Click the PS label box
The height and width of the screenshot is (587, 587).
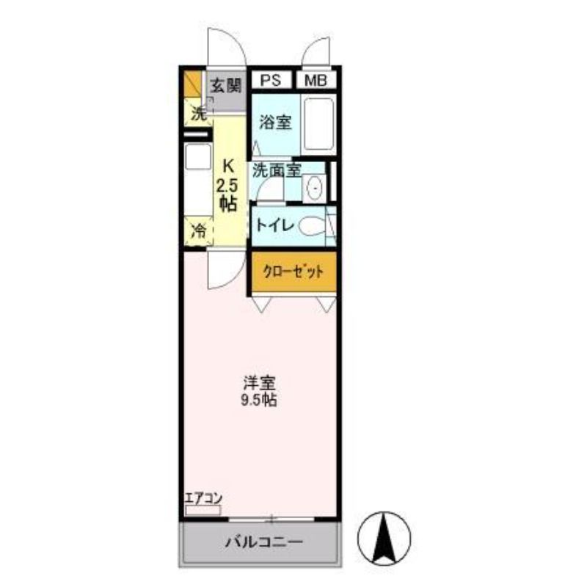pos(271,80)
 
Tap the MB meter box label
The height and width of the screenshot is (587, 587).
pos(316,80)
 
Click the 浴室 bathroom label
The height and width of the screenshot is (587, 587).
pos(275,123)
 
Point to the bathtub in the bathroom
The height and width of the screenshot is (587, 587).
pos(318,124)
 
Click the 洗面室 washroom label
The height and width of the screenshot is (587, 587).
pos(277,171)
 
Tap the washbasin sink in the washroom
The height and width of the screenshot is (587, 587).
pos(315,189)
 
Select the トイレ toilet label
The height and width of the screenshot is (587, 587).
pos(274,226)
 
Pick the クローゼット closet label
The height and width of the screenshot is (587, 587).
pos(293,271)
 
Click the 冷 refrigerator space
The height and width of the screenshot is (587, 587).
pos(198,231)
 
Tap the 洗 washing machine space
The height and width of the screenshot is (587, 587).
pos(198,114)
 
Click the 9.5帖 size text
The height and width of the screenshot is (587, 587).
pos(259,401)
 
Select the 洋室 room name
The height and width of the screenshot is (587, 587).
pos(260,383)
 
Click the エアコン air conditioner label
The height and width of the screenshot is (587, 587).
pos(204,498)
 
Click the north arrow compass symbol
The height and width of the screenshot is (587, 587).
pos(384,539)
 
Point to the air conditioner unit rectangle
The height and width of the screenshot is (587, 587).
pos(203,510)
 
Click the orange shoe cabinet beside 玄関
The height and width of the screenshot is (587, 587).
pos(193,83)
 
